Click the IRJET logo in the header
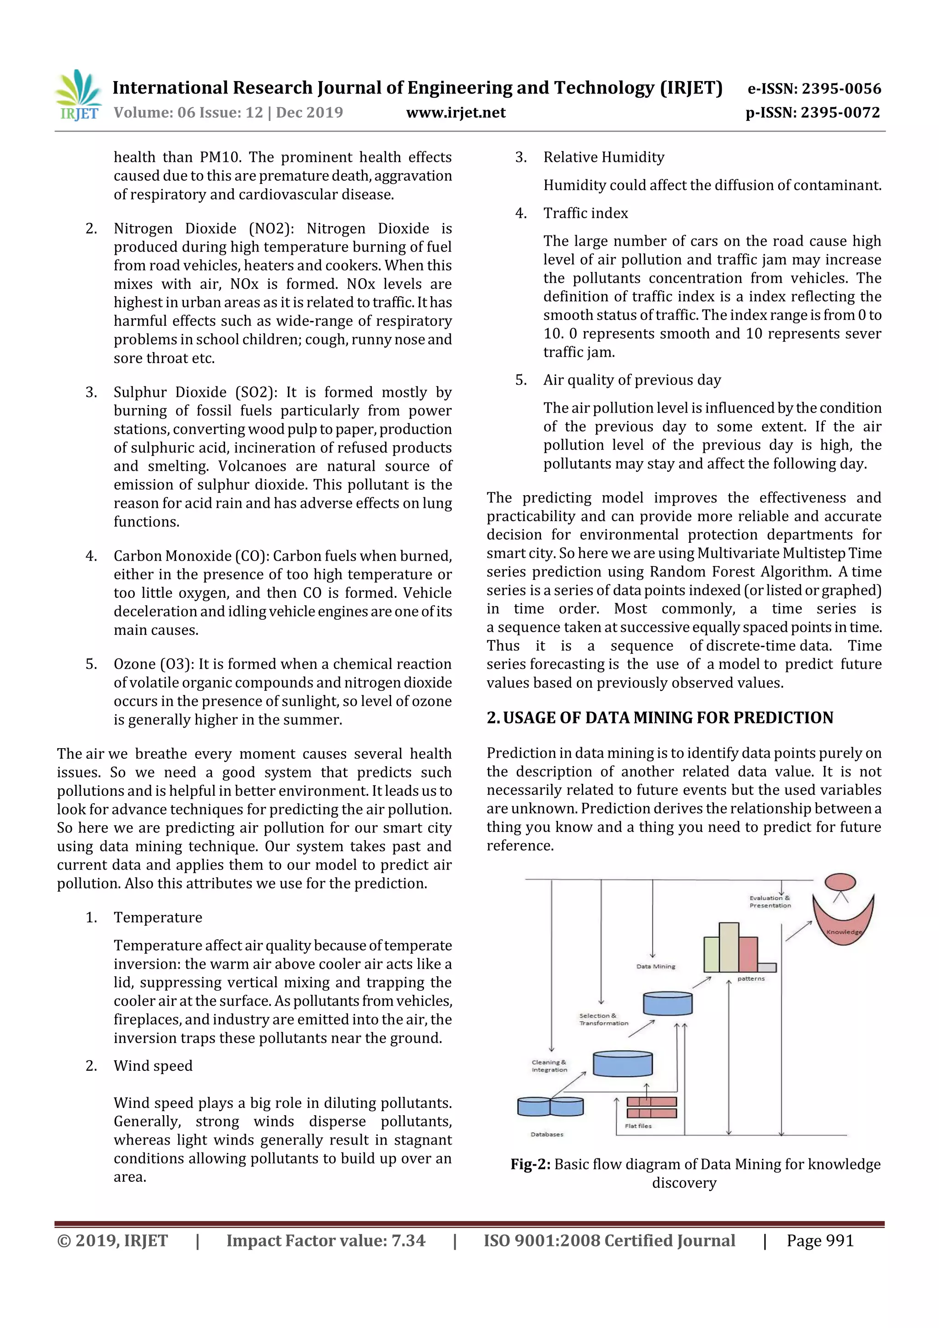[x=78, y=96]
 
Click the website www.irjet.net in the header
[x=455, y=113]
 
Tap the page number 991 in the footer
[x=840, y=1240]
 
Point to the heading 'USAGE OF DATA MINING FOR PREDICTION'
[x=668, y=717]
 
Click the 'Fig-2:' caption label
[x=530, y=1164]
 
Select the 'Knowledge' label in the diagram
[x=844, y=932]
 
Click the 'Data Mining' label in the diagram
[x=656, y=966]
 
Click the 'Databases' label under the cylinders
[x=547, y=1134]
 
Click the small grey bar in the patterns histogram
[x=767, y=967]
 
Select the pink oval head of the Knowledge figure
[x=840, y=882]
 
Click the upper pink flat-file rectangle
[x=652, y=1101]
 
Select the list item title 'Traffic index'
[x=585, y=214]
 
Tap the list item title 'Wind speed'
[x=153, y=1065]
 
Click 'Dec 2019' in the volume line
[x=309, y=113]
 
